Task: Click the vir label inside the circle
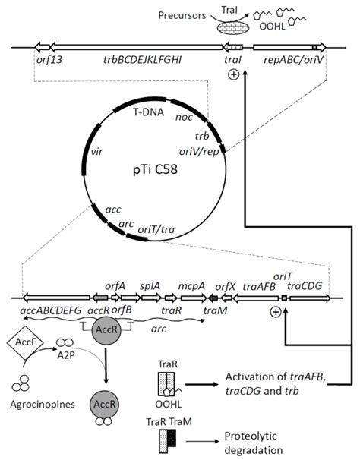click(x=96, y=152)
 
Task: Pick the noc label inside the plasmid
click(x=183, y=118)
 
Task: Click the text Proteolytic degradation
click(x=258, y=445)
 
